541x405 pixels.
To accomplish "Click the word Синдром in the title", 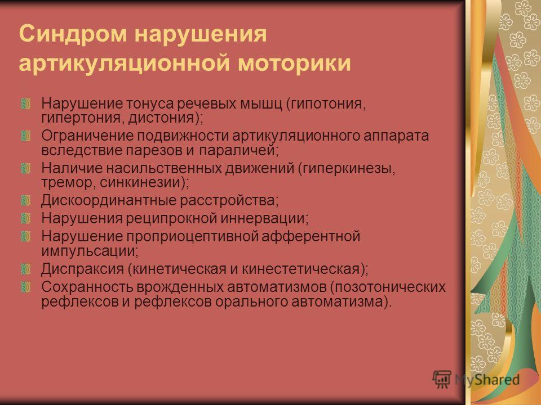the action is pos(73,34).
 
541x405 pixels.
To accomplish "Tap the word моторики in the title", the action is pos(294,63).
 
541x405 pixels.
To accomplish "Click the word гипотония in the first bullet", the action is pos(326,103).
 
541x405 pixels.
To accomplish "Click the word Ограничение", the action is pos(87,136).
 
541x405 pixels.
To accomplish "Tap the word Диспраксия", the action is pos(82,269).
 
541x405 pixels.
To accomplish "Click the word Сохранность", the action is pos(87,287).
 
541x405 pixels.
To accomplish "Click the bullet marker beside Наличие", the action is pos(26,168).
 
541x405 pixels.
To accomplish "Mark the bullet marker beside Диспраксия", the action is pos(26,269).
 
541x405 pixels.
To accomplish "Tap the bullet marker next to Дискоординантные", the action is pos(26,200).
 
